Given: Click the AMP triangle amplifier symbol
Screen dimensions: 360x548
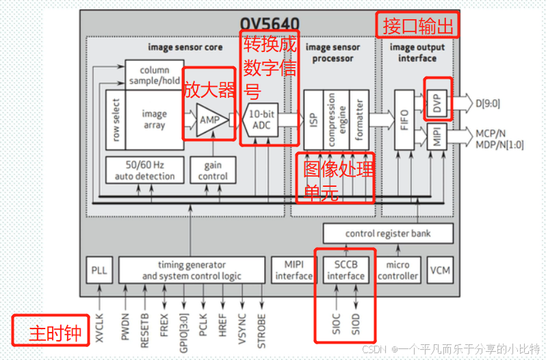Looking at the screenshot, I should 208,120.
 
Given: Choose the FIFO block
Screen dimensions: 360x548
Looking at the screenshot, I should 404,120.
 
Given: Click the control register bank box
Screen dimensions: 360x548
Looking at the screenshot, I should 389,233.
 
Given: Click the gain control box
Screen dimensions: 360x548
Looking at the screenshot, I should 213,170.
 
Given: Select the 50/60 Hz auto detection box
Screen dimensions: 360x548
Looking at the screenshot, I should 144,170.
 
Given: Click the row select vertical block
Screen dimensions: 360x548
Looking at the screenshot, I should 115,120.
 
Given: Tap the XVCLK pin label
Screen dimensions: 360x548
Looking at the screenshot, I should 100,322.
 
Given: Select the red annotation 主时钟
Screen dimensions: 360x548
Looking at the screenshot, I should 51,333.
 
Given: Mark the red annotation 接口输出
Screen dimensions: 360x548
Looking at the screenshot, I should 417,26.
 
